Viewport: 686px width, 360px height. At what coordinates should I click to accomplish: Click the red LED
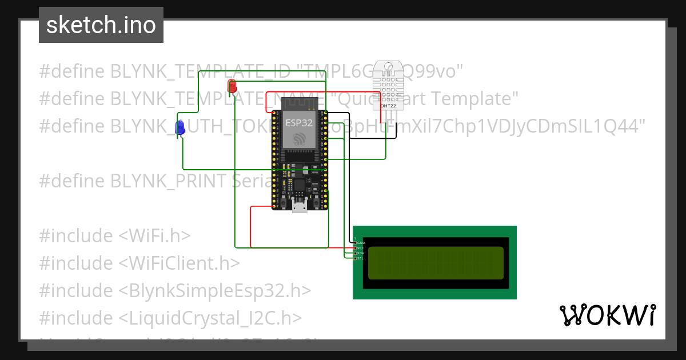coord(232,87)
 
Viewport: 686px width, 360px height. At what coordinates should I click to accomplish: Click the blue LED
coord(180,128)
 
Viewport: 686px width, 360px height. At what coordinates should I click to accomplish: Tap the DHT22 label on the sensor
coord(388,106)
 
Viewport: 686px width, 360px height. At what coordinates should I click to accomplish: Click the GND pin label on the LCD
coord(361,243)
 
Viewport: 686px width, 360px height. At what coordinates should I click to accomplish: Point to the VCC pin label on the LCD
coord(361,248)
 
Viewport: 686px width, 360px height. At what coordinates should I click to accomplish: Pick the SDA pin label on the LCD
coord(361,253)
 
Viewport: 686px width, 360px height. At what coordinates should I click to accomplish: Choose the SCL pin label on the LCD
coord(361,258)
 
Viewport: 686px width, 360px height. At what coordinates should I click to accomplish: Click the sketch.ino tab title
coord(101,25)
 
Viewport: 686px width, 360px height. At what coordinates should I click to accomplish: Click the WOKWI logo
coord(607,315)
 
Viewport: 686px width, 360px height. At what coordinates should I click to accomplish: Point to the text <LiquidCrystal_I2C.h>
coord(210,318)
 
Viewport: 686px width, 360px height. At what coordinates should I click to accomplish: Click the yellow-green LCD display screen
coord(436,263)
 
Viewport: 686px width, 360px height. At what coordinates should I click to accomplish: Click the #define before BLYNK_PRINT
coord(72,181)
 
